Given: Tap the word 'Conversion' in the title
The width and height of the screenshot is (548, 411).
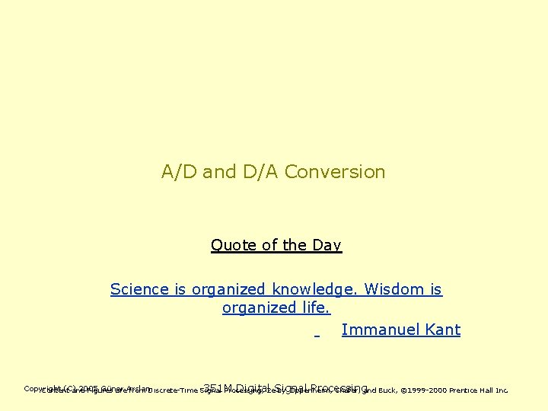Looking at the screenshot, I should [335, 172].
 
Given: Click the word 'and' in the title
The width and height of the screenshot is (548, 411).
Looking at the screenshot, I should [220, 172].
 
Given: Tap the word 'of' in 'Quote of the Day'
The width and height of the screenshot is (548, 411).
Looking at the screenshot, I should [269, 245].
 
